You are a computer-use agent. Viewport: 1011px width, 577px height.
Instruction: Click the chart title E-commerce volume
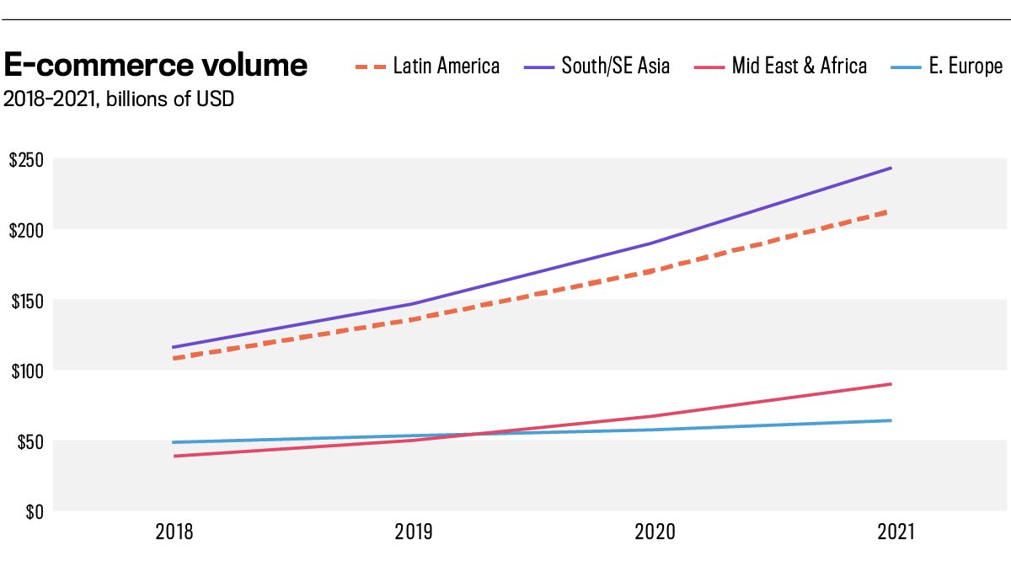[x=156, y=66]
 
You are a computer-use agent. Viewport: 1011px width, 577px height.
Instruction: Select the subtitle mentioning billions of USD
[x=119, y=99]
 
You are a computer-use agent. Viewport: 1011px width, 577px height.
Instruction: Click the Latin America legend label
[x=447, y=66]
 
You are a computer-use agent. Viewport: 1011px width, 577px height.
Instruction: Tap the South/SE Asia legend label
[x=616, y=66]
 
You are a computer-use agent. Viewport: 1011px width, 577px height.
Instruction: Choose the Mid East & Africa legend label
[x=799, y=66]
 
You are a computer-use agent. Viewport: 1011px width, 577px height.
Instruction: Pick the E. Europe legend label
[x=966, y=66]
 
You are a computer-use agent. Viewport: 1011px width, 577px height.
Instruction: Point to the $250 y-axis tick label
[x=25, y=160]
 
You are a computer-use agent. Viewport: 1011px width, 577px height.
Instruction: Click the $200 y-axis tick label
[x=25, y=230]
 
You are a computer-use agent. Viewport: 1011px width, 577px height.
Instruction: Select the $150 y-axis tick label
[x=25, y=301]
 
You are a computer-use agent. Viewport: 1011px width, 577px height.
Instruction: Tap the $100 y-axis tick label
[x=25, y=371]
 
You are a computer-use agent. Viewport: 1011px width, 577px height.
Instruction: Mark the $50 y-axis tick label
[x=29, y=441]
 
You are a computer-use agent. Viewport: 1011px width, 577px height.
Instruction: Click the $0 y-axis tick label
[x=33, y=511]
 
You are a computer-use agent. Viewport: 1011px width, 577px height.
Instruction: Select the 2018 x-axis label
[x=174, y=532]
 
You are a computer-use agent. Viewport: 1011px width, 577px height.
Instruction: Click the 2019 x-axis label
[x=413, y=532]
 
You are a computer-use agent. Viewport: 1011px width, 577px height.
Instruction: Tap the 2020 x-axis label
[x=652, y=532]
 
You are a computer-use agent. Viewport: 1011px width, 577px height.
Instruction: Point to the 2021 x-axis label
[x=891, y=532]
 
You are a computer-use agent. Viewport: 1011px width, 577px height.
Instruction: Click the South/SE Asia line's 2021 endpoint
[x=891, y=168]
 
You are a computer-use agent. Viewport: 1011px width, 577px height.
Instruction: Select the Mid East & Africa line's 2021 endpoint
[x=891, y=384]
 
